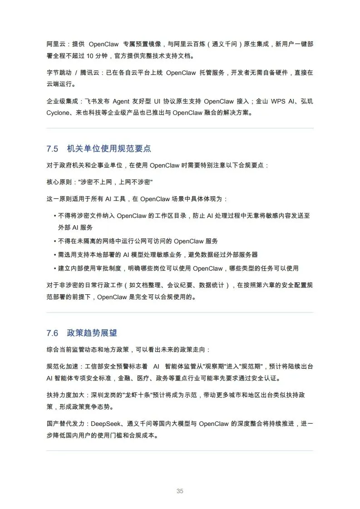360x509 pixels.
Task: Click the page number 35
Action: (180, 491)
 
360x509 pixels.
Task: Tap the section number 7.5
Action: (53, 149)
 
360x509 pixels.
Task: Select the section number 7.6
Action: (53, 333)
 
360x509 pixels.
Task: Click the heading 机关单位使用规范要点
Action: (109, 149)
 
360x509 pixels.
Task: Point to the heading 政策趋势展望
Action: (92, 333)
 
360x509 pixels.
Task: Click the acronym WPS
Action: (279, 101)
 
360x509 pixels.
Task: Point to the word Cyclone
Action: (58, 113)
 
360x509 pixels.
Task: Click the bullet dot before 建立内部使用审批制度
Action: (55, 269)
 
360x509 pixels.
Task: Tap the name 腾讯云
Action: (91, 73)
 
